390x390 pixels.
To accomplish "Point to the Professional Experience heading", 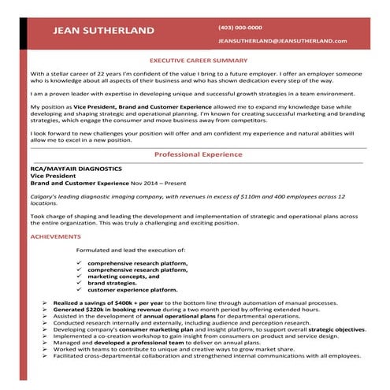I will tap(198, 154).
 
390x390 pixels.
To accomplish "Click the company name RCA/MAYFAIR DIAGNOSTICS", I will tap(76, 169).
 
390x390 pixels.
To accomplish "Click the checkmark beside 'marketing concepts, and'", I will tap(80, 276).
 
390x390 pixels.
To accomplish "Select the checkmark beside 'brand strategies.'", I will tap(80, 283).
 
